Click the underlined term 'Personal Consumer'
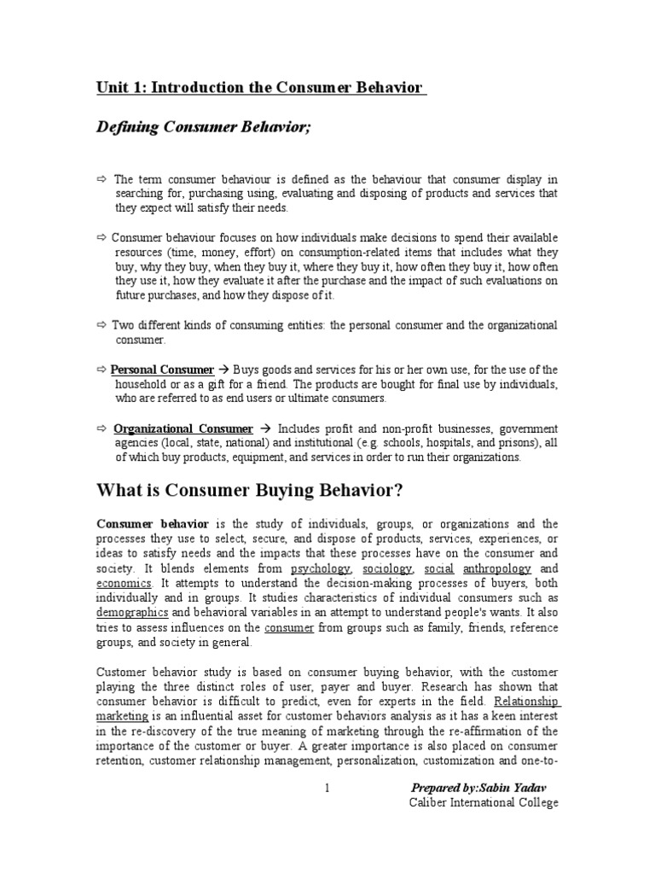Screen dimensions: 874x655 [162, 370]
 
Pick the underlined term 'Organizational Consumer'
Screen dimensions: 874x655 [183, 428]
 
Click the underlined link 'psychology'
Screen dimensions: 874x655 [320, 568]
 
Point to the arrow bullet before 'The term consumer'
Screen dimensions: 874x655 [102, 179]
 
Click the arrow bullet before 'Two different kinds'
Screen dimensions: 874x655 [102, 325]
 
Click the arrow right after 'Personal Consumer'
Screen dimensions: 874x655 [224, 370]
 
